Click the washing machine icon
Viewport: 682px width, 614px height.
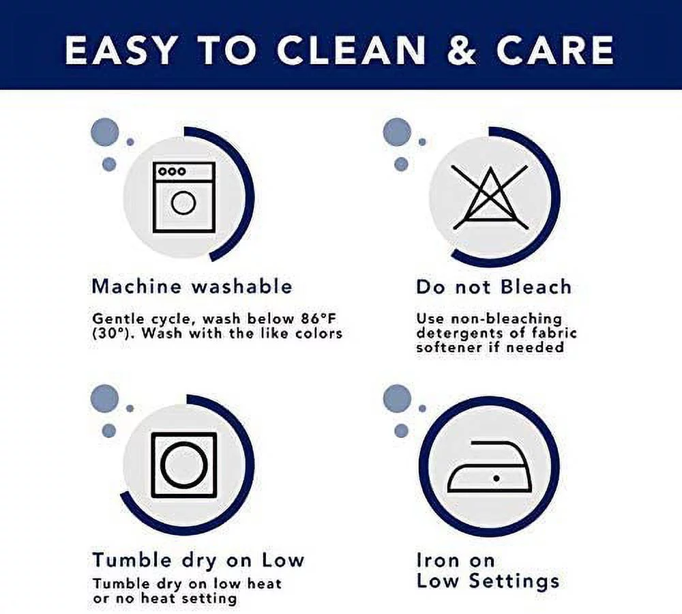tap(184, 198)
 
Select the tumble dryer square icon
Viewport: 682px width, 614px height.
tap(184, 465)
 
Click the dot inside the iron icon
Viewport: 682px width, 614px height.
tap(496, 478)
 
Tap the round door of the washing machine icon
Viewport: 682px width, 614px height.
tap(183, 203)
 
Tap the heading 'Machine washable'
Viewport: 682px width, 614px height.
tap(192, 287)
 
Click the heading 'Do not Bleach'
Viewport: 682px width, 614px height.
tap(494, 287)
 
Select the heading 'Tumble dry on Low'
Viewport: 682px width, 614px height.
tap(198, 560)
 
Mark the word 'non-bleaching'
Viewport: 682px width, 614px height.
tap(506, 319)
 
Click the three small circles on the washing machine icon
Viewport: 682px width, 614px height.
tap(173, 171)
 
